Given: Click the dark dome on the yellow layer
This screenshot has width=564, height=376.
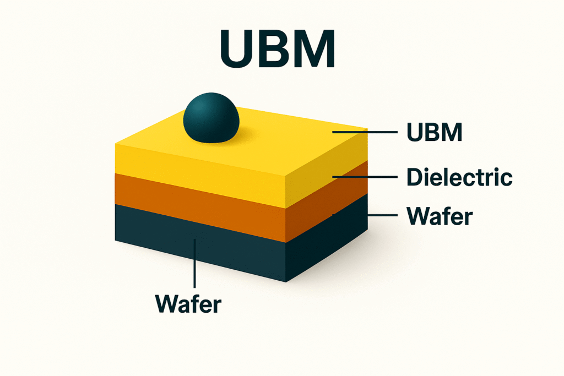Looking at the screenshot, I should click(211, 117).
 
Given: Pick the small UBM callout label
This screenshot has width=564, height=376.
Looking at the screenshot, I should click(433, 133).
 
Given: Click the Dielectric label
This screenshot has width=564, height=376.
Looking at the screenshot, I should click(459, 177).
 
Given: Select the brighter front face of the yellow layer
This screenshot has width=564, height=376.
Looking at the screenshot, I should click(198, 171).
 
